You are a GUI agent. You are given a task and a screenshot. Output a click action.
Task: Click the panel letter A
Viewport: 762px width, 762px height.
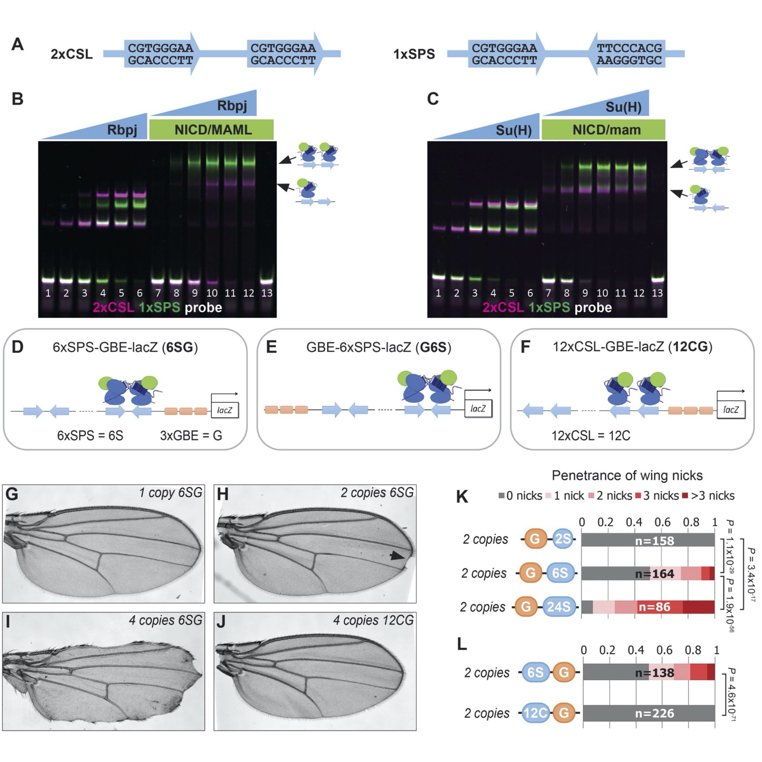coord(17,44)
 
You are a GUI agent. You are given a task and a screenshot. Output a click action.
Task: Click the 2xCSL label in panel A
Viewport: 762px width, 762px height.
coord(71,54)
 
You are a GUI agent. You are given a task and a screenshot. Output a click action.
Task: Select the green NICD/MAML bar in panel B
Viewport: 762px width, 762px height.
coord(212,130)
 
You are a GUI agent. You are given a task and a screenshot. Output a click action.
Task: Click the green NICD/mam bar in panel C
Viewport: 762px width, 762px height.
coord(603,130)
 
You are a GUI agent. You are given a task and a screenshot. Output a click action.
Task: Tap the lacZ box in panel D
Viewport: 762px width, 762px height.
coord(224,410)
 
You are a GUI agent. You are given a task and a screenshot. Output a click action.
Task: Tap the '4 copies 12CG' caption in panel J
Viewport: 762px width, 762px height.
coord(373,621)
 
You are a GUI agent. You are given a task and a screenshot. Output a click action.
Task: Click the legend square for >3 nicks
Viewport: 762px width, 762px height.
coord(685,496)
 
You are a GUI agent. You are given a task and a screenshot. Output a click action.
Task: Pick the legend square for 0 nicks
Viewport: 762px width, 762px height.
coord(501,496)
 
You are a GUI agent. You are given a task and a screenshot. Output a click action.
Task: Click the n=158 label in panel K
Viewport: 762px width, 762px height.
coord(654,541)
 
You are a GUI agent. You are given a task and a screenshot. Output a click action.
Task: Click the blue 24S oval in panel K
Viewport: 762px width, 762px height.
coord(558,607)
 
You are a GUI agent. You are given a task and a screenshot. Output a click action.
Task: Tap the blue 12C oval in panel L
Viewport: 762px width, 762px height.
coord(536,713)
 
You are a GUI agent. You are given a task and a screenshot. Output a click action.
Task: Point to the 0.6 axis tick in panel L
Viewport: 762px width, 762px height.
coord(664,650)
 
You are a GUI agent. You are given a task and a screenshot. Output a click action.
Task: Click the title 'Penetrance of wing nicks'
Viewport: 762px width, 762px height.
coord(627,476)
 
